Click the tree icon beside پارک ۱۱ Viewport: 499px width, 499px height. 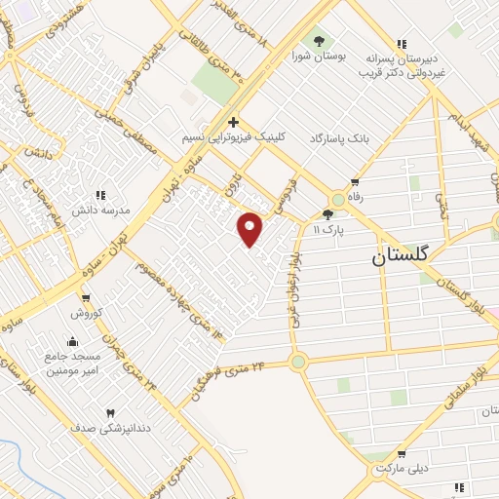(x=327, y=214)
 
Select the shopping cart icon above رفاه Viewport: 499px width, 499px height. (x=354, y=181)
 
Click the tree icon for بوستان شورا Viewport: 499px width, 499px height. (x=319, y=40)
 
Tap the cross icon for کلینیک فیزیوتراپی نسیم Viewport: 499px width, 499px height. (x=233, y=123)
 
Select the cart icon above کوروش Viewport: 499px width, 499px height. (x=87, y=297)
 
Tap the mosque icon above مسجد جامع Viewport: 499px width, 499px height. (x=71, y=341)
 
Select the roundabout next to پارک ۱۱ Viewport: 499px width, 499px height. (x=337, y=198)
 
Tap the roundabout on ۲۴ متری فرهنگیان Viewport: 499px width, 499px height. (x=298, y=362)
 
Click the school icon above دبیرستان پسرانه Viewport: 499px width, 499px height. (x=402, y=43)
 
